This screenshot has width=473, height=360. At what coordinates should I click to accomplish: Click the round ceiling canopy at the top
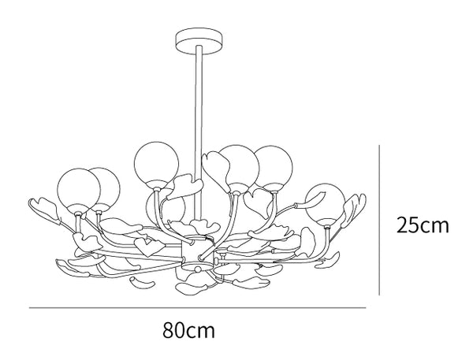click(x=200, y=41)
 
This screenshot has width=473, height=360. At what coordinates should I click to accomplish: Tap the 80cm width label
click(x=189, y=330)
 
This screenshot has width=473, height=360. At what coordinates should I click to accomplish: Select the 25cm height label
click(x=423, y=225)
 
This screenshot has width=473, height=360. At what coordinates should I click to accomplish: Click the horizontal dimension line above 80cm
click(x=198, y=308)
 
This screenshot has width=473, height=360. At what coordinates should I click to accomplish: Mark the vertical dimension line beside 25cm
click(x=379, y=220)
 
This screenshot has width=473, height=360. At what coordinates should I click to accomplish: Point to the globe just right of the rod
click(x=239, y=166)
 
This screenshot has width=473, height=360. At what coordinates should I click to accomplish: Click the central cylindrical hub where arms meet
click(x=198, y=252)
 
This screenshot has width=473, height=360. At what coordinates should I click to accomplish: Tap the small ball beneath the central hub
click(x=198, y=269)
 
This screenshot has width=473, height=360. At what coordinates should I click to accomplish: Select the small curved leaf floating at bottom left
click(x=143, y=284)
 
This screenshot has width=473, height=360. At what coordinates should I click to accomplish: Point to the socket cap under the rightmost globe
click(x=327, y=224)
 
